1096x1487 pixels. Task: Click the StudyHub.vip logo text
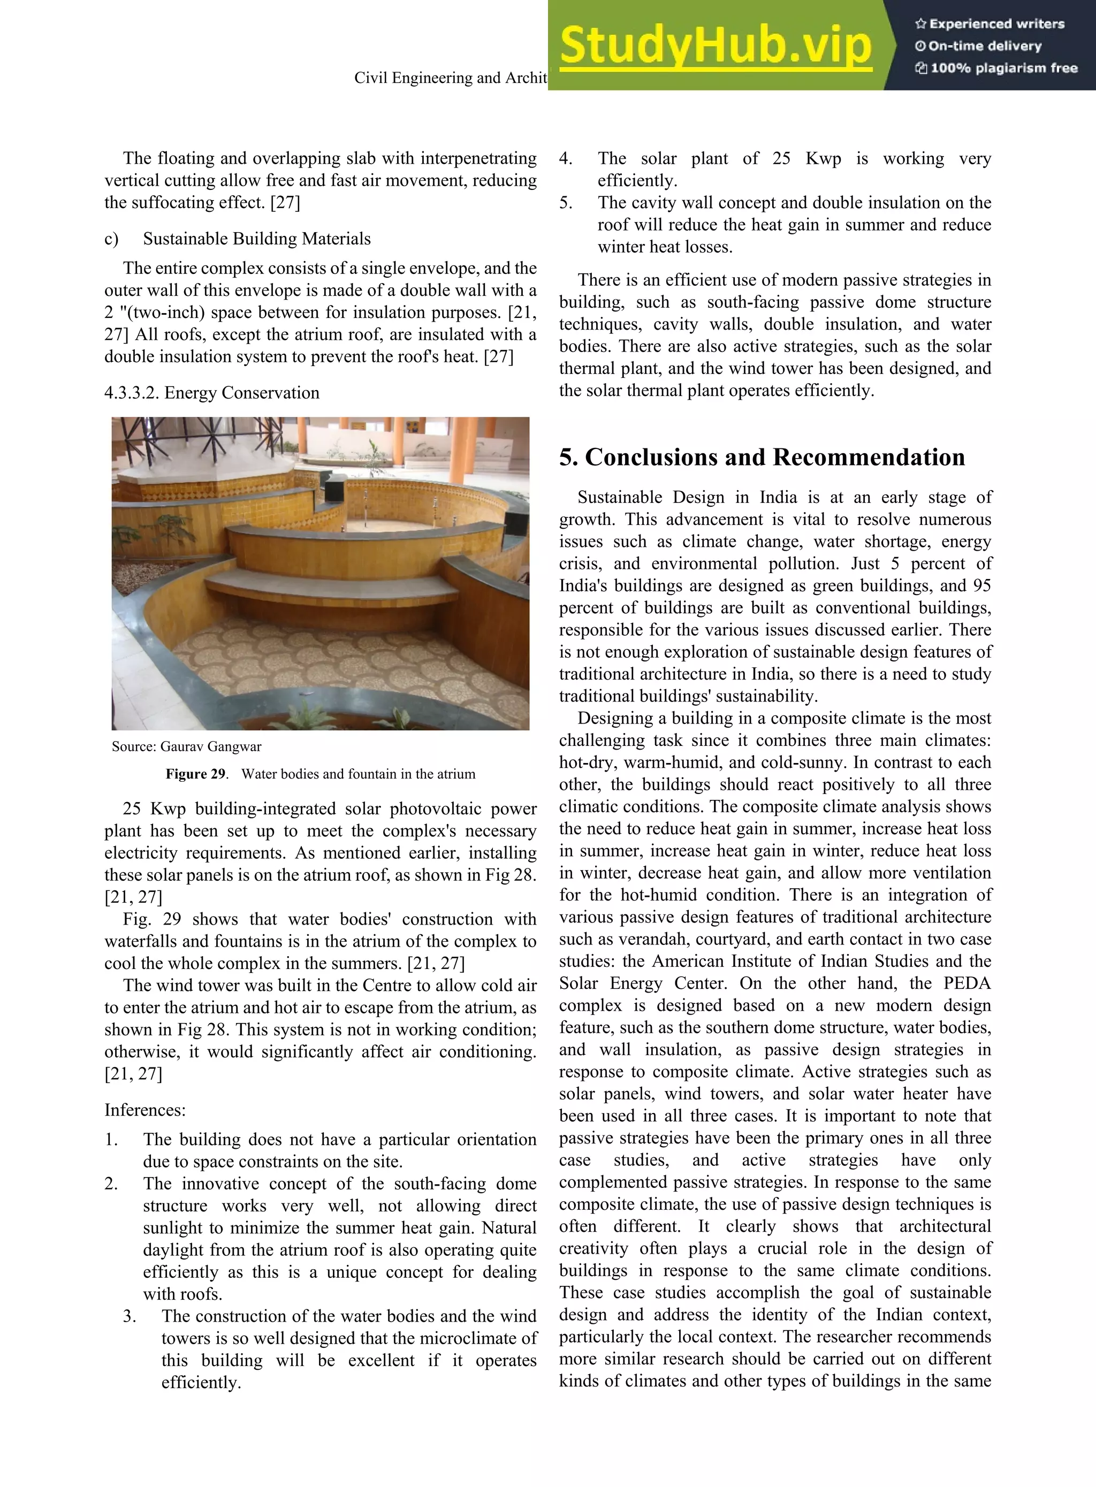click(x=715, y=45)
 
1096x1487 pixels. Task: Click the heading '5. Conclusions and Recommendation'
click(x=762, y=457)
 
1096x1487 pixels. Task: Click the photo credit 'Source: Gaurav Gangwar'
click(x=186, y=746)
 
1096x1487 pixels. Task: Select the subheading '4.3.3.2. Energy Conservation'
click(x=211, y=393)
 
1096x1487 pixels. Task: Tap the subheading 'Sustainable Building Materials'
click(x=257, y=239)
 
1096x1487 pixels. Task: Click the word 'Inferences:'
click(x=144, y=1110)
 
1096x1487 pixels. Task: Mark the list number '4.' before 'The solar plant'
click(x=565, y=158)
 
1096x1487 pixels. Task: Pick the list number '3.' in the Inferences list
click(x=130, y=1316)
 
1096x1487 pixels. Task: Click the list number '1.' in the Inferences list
click(x=111, y=1139)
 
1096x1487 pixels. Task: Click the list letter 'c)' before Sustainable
click(x=111, y=239)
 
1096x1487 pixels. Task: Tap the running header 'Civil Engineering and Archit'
click(x=450, y=78)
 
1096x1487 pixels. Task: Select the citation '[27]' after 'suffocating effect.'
click(x=285, y=202)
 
